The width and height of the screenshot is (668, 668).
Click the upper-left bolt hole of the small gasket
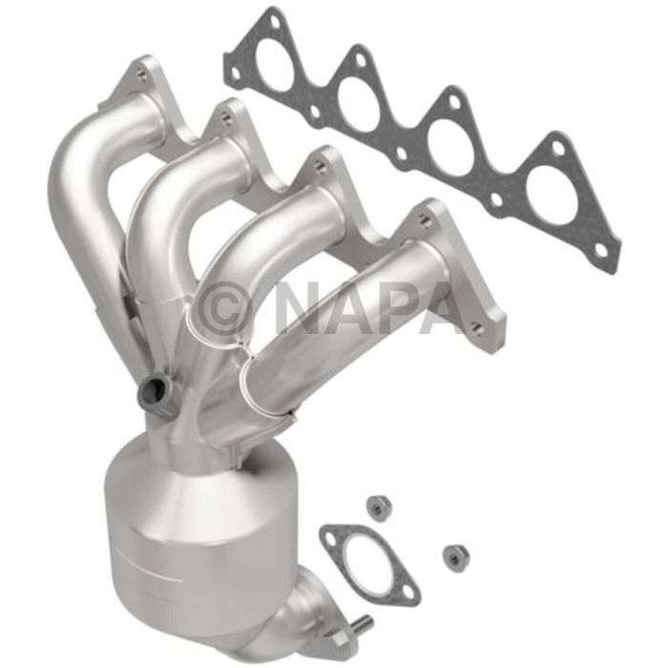pos(331,537)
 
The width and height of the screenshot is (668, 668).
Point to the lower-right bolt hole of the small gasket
pos(408,594)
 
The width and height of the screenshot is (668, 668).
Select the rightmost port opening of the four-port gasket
pos(552,198)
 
